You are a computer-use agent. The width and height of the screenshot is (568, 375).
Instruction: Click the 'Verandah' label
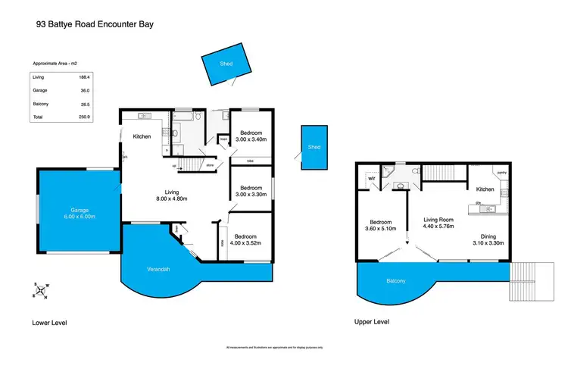[x=158, y=270]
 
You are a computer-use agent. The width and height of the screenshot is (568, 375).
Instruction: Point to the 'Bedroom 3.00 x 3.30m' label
[x=250, y=192]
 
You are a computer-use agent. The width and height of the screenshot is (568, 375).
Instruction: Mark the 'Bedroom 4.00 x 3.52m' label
[x=247, y=240]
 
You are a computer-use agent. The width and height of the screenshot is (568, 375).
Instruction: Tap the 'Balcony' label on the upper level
[x=395, y=280]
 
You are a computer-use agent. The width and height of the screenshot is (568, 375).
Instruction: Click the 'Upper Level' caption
[x=372, y=322]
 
